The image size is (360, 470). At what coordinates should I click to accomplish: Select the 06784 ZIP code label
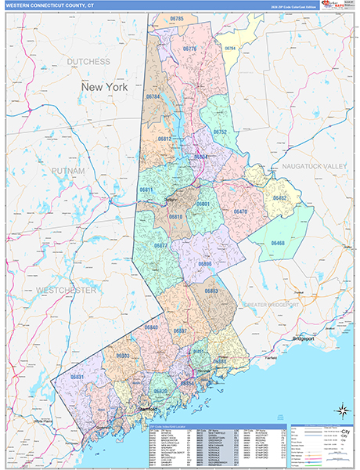pos(153,97)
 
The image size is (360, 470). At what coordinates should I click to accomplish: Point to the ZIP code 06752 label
pos(221,132)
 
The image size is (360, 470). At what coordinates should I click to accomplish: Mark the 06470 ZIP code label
pos(240,211)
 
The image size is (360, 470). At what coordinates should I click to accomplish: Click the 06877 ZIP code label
pos(161,246)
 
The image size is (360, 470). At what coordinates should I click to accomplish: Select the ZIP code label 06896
pos(205,264)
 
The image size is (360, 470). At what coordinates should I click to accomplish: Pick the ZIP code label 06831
pos(77,377)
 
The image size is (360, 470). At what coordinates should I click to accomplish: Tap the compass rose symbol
pos(342,409)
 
